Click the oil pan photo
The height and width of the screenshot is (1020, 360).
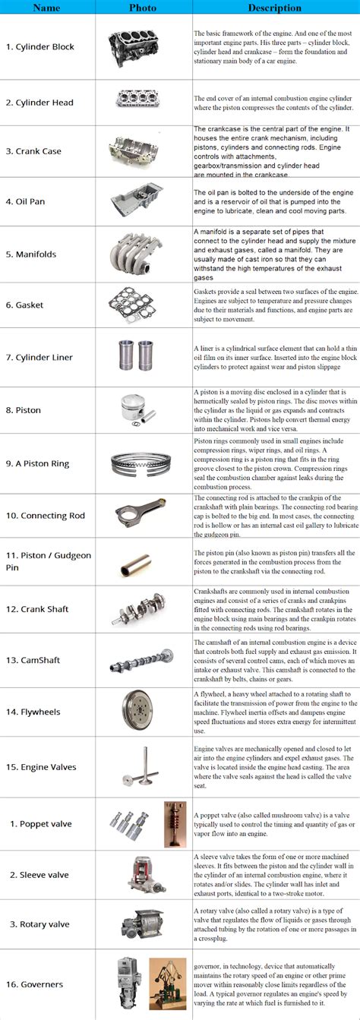pyautogui.click(x=143, y=201)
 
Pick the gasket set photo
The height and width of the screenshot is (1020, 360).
pyautogui.click(x=143, y=305)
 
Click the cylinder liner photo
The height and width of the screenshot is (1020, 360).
pyautogui.click(x=143, y=357)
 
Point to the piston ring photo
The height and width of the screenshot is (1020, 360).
pyautogui.click(x=143, y=462)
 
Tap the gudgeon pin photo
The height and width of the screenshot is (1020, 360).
pyautogui.click(x=143, y=566)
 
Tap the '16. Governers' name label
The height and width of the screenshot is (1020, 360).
pyautogui.click(x=42, y=984)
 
